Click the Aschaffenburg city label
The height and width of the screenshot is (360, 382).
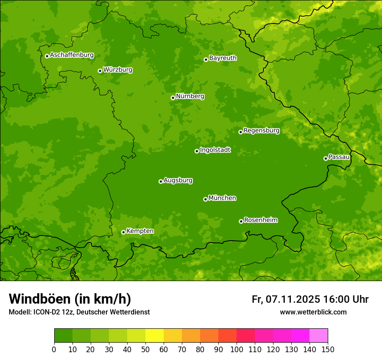tap(72, 55)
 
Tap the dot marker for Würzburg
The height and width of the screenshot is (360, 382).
tap(100, 71)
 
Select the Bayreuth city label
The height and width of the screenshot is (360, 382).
tap(223, 58)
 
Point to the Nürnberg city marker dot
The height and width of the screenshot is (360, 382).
tap(173, 98)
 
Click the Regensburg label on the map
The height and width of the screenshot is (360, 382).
tap(261, 131)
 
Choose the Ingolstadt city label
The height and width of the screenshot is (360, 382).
tap(215, 150)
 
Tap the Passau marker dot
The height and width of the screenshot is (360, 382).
tap(326, 158)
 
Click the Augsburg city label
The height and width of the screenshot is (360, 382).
tap(178, 180)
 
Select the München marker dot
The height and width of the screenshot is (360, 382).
tap(205, 199)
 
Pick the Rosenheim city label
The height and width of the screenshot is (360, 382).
tap(260, 220)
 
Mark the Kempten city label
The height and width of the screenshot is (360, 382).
tap(140, 231)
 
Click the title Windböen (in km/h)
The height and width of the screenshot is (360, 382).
tap(70, 299)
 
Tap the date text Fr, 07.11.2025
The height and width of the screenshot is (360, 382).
tap(286, 299)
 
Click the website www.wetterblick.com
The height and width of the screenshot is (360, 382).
tap(313, 312)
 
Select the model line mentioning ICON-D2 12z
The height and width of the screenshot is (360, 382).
tap(79, 312)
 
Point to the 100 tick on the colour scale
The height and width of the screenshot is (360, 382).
tap(236, 349)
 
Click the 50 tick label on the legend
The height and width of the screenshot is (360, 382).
tap(145, 349)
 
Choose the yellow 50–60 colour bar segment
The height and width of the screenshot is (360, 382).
tap(154, 336)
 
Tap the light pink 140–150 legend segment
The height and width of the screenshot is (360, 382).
tap(318, 336)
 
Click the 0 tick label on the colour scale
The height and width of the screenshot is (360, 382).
tap(54, 349)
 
